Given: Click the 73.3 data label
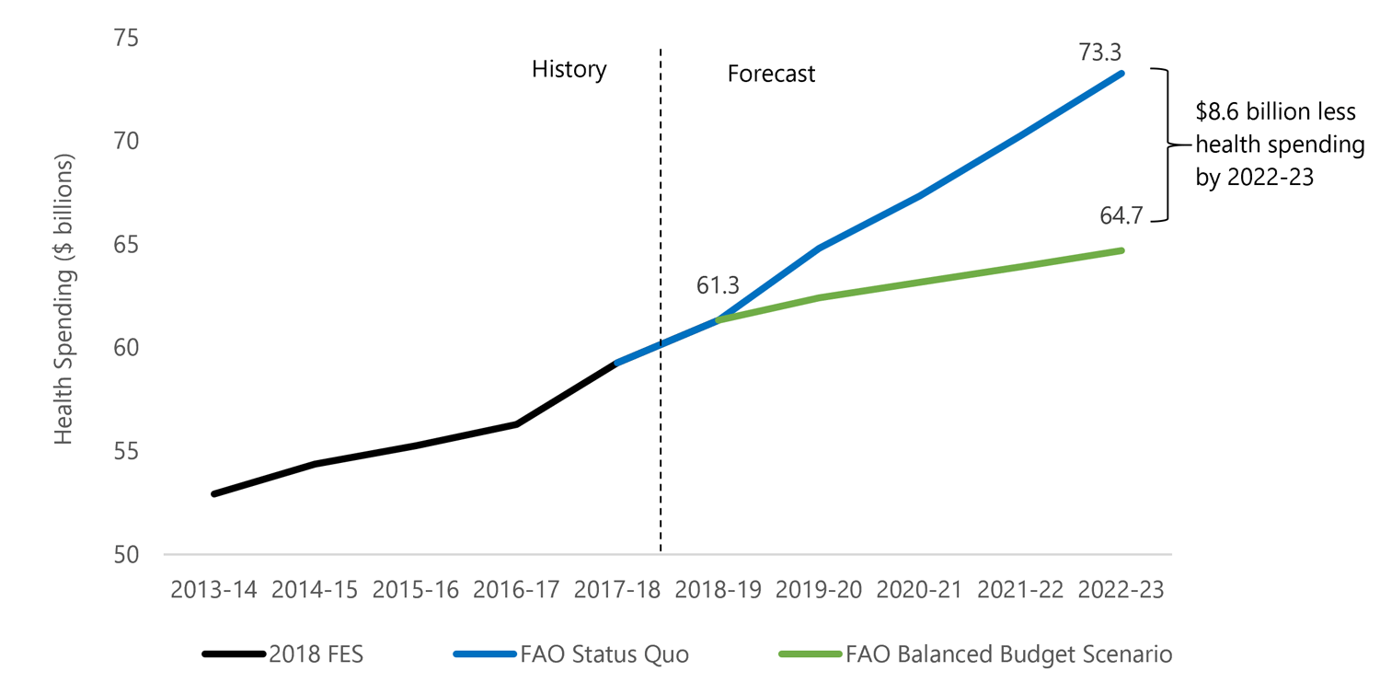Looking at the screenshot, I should (x=1101, y=52).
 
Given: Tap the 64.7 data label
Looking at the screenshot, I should (x=1120, y=216).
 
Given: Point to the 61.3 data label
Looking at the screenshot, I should (x=718, y=286).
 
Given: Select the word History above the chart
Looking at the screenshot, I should (x=569, y=70).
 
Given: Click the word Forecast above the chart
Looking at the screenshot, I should (x=771, y=74).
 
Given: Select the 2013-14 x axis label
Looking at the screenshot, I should (x=213, y=591).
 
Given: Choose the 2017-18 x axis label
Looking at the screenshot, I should (x=617, y=591).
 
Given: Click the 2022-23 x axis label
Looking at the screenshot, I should (x=1121, y=591).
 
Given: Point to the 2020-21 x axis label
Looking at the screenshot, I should (x=919, y=591).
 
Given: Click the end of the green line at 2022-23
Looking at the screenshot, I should (x=1121, y=250).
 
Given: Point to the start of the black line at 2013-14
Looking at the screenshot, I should (x=213, y=494).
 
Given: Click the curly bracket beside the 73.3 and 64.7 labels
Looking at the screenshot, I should (x=1166, y=145).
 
